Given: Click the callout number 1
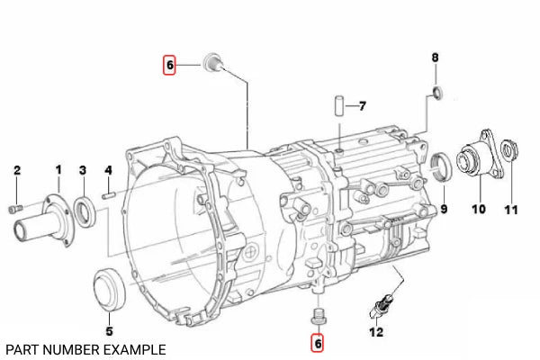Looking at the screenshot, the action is point(58,170).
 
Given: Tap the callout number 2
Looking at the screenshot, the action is point(17,170).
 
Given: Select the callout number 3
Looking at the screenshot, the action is point(83,170).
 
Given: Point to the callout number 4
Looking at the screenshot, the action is point(108,170).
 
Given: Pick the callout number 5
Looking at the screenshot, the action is point(109,331).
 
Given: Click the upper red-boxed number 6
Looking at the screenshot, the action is point(169,65).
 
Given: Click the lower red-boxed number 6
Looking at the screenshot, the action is point(318,343).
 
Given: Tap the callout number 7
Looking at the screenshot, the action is point(362,106).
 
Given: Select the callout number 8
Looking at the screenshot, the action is point(436,58).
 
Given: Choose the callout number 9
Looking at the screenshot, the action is point(444,209).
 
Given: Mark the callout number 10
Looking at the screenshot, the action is point(479,209).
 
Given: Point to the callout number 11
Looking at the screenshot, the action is point(511,210).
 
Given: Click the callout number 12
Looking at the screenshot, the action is point(376,332).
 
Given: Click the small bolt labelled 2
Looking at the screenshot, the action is point(15,209).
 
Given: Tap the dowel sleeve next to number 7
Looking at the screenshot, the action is point(339,106).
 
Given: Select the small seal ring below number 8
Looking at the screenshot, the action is point(437,93).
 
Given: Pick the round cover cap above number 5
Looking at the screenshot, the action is point(110,289).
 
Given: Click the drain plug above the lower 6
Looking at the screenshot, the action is point(319,317).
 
